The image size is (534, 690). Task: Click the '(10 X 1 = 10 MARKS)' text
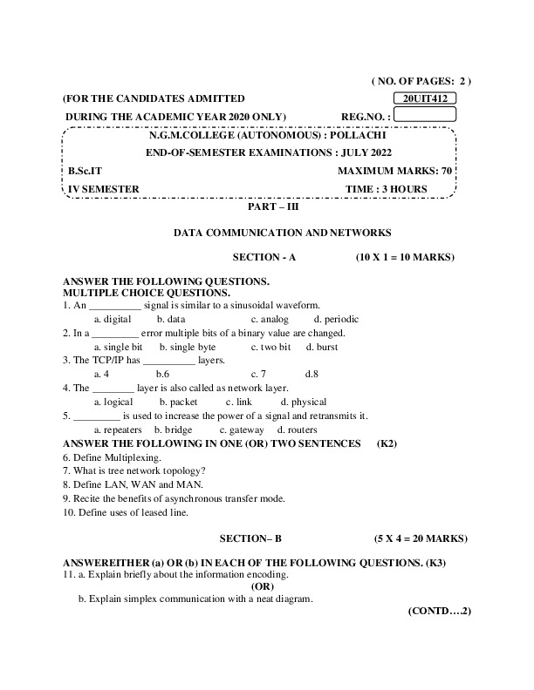point(405,258)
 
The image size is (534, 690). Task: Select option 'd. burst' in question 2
point(322,347)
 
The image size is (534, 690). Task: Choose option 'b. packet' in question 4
point(178,402)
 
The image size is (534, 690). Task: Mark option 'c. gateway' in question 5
point(241,430)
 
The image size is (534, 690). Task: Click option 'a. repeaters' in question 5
point(117,430)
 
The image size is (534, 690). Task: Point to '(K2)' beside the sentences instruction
point(387,443)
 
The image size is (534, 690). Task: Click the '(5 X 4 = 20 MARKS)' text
point(414,539)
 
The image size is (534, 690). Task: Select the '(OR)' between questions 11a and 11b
point(263,587)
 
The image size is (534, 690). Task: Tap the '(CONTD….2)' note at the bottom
point(439,612)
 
